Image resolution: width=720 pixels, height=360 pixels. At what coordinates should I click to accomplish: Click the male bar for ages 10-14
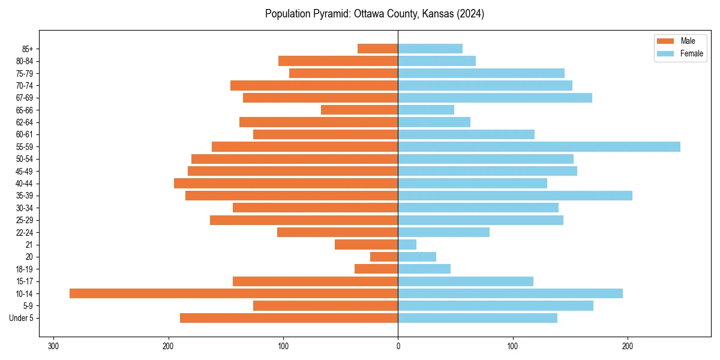click(x=233, y=293)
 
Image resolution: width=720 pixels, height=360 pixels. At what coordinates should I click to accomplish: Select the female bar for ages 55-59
click(x=539, y=147)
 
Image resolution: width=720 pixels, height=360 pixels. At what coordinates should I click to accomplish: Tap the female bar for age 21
click(x=407, y=245)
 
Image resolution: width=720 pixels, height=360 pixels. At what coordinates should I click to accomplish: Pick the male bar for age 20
click(x=384, y=257)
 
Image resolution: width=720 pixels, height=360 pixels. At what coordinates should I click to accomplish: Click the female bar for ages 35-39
click(x=515, y=196)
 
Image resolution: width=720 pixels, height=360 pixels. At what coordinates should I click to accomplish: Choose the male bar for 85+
click(x=377, y=49)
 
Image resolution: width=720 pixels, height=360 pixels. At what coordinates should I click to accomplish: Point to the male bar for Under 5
click(x=289, y=318)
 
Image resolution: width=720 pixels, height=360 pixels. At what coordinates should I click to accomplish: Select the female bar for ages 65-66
click(x=426, y=110)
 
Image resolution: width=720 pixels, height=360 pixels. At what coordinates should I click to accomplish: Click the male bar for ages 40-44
click(x=286, y=184)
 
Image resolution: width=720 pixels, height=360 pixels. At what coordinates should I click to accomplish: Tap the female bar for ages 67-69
click(x=495, y=98)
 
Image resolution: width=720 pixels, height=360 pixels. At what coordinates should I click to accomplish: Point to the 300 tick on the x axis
click(x=53, y=346)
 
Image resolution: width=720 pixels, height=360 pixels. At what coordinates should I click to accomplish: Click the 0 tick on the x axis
click(x=398, y=346)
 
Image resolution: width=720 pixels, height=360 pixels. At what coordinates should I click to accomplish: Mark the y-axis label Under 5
click(x=21, y=318)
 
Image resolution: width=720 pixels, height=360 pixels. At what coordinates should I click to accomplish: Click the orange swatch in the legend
click(x=665, y=41)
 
